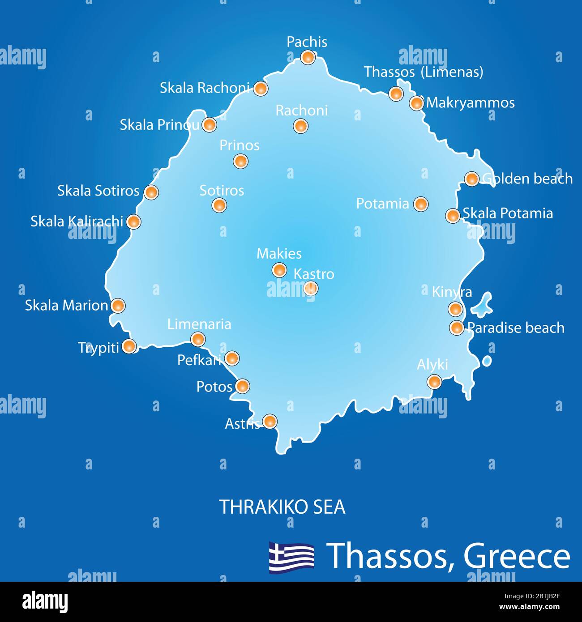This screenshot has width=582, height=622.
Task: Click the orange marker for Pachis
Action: point(308,57)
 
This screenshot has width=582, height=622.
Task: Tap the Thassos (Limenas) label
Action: point(423,72)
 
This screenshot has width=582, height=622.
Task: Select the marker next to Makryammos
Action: point(416,103)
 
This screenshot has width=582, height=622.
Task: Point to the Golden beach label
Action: point(527,179)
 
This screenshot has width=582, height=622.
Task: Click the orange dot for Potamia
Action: point(420,204)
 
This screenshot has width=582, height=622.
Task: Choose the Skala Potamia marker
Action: point(453,215)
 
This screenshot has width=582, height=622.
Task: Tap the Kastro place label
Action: point(313,274)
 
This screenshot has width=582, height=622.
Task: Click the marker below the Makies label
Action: point(279,270)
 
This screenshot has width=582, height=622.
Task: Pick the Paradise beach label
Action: point(516,328)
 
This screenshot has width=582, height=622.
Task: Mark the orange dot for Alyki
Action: point(434,382)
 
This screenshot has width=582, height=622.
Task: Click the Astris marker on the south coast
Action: point(270,421)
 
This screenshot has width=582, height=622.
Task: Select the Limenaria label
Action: point(199,324)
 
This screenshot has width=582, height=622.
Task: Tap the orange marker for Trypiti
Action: point(129,346)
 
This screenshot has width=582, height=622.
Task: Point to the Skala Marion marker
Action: point(117,306)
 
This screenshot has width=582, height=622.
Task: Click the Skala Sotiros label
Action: point(98,191)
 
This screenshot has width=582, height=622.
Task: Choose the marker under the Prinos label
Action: point(240,161)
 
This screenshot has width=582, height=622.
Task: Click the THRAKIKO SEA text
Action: point(282,507)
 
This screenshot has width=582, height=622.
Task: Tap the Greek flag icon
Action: point(291,556)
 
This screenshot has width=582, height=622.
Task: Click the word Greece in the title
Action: point(517,556)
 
